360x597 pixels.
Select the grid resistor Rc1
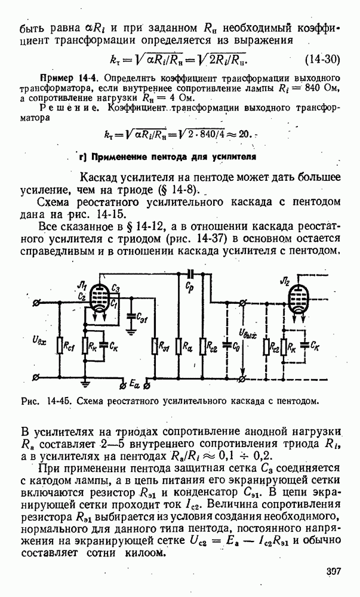coord(60,345)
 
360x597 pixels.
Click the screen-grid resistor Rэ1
coord(154,345)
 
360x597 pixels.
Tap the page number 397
coord(333,572)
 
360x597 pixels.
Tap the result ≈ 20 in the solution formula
coord(239,134)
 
